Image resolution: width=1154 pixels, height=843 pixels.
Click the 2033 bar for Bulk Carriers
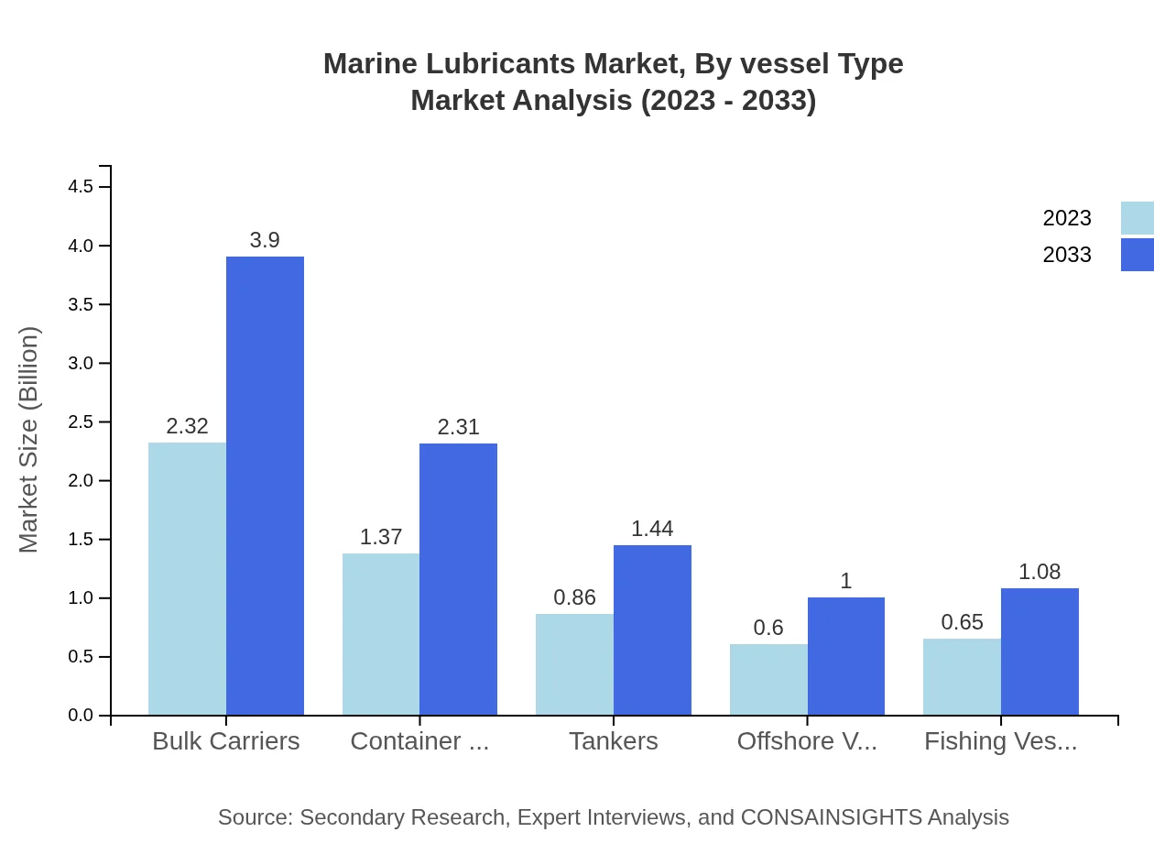click(x=265, y=486)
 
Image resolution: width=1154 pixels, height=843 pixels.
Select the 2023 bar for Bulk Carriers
click(x=187, y=579)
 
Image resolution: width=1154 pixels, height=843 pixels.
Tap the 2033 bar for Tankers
click(x=652, y=630)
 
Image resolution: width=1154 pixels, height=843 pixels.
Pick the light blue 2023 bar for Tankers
click(x=574, y=664)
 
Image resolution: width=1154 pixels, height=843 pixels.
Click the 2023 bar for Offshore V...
click(x=768, y=680)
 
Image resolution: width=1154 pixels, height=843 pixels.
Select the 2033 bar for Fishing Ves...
click(x=1040, y=651)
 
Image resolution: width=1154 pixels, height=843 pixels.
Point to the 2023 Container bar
click(x=381, y=634)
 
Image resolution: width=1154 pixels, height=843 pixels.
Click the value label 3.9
click(x=265, y=240)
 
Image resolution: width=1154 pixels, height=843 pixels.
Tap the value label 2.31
click(x=458, y=427)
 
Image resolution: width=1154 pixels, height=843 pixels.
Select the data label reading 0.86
click(x=574, y=597)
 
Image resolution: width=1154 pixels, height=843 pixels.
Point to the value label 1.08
click(x=1040, y=572)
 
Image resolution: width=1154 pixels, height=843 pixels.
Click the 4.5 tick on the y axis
click(x=81, y=187)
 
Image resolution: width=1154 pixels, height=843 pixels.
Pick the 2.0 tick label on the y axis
click(x=81, y=481)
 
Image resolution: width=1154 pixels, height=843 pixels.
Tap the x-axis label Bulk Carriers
click(x=225, y=741)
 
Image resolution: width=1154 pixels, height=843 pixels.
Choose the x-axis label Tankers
click(x=613, y=741)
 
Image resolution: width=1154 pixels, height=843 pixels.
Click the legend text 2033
click(x=1067, y=255)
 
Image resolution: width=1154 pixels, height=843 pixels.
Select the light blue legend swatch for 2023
click(x=1138, y=218)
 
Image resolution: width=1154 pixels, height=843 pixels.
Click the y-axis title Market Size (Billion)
click(x=28, y=440)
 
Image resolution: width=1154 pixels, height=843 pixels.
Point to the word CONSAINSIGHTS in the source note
click(x=831, y=817)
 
